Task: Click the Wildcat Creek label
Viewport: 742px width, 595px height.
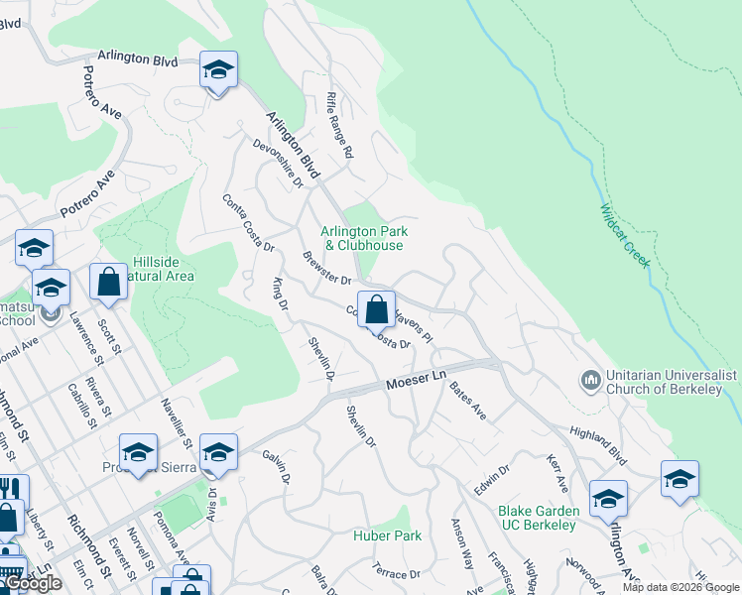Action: (625, 236)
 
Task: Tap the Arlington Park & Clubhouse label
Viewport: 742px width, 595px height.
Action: (364, 238)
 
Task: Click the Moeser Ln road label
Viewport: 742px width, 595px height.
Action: (413, 381)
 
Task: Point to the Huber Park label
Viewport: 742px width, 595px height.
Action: (387, 536)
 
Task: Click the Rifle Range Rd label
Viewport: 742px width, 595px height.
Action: (339, 126)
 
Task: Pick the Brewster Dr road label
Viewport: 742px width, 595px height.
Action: (326, 269)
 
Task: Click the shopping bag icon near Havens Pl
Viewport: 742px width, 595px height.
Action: (376, 309)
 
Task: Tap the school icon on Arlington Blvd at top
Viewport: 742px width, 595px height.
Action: (218, 70)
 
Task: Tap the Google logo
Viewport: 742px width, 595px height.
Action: (33, 583)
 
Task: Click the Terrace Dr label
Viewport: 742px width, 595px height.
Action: (391, 574)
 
